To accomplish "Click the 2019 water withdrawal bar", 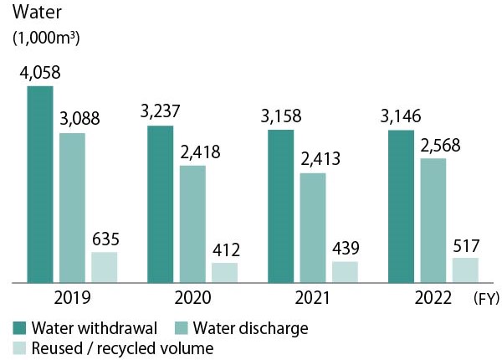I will [39, 184].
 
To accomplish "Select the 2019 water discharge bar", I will [72, 208].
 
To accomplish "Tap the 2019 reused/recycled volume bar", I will [105, 267].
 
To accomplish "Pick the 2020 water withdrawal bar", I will [160, 204].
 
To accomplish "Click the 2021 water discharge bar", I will [312, 228].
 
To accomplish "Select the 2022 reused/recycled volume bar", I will [465, 270].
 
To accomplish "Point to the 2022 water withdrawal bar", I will [401, 207].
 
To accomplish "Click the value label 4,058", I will [39, 73].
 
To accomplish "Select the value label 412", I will [226, 249].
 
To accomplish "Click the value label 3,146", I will [401, 116].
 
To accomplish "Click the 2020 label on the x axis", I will [192, 297].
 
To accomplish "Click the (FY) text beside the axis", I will [484, 297].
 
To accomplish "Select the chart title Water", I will [32, 13].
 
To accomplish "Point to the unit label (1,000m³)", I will [45, 38].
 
